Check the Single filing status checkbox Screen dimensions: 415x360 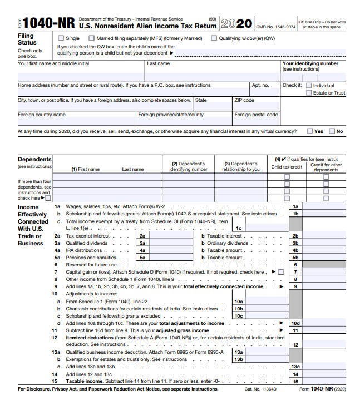(x=61, y=38)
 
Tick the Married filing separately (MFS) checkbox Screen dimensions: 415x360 (x=92, y=38)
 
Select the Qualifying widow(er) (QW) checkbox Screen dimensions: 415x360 (x=214, y=38)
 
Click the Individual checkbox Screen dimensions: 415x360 (x=309, y=86)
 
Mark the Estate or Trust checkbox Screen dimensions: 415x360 (x=309, y=93)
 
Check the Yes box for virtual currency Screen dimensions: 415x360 (x=310, y=131)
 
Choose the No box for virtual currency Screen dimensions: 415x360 (x=332, y=131)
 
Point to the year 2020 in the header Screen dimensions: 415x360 (x=236, y=23)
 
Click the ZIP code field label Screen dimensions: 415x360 (x=244, y=101)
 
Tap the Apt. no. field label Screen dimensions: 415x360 (x=260, y=86)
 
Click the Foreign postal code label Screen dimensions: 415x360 (x=256, y=115)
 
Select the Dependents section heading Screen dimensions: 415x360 (x=34, y=160)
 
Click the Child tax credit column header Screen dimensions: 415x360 (x=287, y=167)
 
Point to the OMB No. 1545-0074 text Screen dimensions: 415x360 (x=275, y=27)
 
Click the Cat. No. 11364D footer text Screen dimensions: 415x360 (x=260, y=389)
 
